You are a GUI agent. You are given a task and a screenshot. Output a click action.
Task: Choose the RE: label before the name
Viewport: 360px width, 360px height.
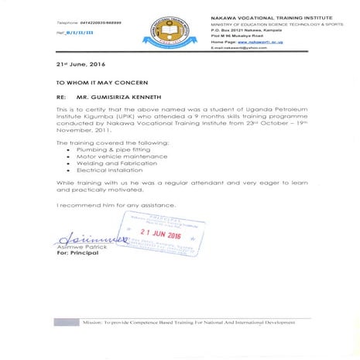click(x=63, y=99)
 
